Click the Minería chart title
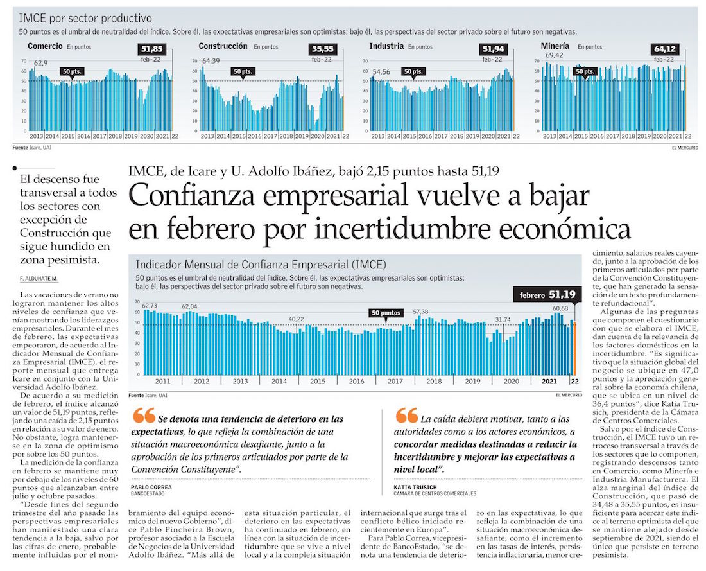click(x=555, y=46)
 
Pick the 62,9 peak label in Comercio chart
click(x=40, y=62)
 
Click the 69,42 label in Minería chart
click(x=554, y=56)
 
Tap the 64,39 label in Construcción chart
click(x=211, y=61)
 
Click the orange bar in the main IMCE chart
click(x=575, y=347)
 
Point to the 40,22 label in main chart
click(x=296, y=319)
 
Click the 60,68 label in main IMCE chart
click(x=560, y=308)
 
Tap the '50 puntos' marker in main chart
click(x=386, y=313)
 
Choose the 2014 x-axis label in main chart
click(x=279, y=381)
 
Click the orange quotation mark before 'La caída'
click(x=406, y=416)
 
